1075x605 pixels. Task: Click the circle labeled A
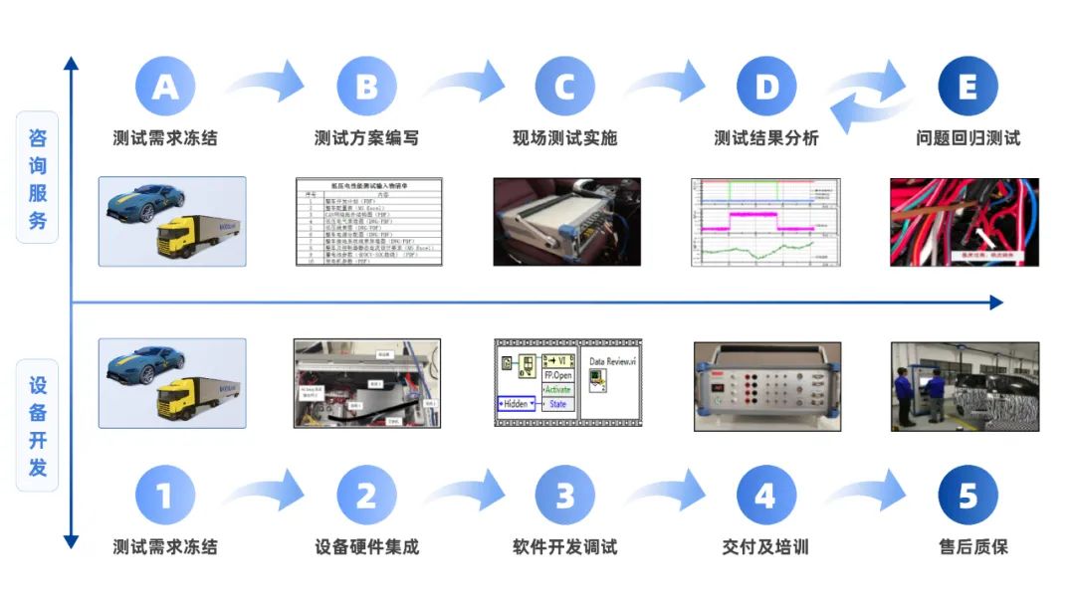(165, 87)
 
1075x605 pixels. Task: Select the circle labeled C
(565, 87)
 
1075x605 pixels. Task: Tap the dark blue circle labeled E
(967, 87)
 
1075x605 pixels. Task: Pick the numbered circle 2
(366, 495)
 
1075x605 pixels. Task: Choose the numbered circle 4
(766, 495)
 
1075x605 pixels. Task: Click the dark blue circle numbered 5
(967, 495)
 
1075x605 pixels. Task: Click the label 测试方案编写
(366, 138)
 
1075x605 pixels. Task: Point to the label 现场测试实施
(565, 138)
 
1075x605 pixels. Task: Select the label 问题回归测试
(967, 138)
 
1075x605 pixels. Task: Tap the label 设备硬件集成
(366, 547)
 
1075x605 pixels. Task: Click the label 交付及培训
(765, 547)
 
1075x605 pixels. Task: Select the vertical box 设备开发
(38, 426)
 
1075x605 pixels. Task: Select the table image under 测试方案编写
(367, 222)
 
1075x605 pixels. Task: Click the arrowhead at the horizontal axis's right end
(996, 302)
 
